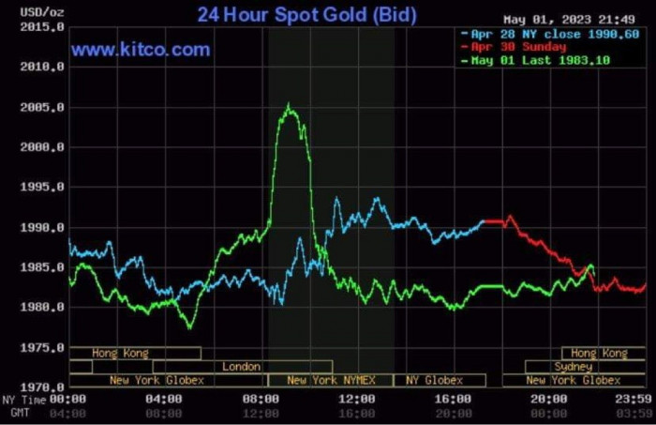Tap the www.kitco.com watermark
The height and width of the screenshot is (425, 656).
pyautogui.click(x=141, y=51)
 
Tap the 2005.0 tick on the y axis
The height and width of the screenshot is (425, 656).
pyautogui.click(x=43, y=108)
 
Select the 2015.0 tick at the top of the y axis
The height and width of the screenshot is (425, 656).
pyautogui.click(x=43, y=28)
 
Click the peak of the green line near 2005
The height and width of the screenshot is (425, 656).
pyautogui.click(x=288, y=106)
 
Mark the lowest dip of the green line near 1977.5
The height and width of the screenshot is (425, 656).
pyautogui.click(x=190, y=326)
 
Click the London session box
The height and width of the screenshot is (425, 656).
pyautogui.click(x=242, y=367)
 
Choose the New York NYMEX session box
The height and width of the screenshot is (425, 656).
pyautogui.click(x=331, y=380)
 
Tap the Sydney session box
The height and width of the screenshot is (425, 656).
pyautogui.click(x=573, y=367)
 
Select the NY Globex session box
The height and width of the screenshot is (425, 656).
pyautogui.click(x=435, y=380)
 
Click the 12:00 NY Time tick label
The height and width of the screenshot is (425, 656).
pyautogui.click(x=357, y=399)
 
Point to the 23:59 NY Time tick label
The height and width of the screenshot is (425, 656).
pyautogui.click(x=634, y=399)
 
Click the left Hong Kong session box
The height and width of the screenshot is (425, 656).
pyautogui.click(x=120, y=354)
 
